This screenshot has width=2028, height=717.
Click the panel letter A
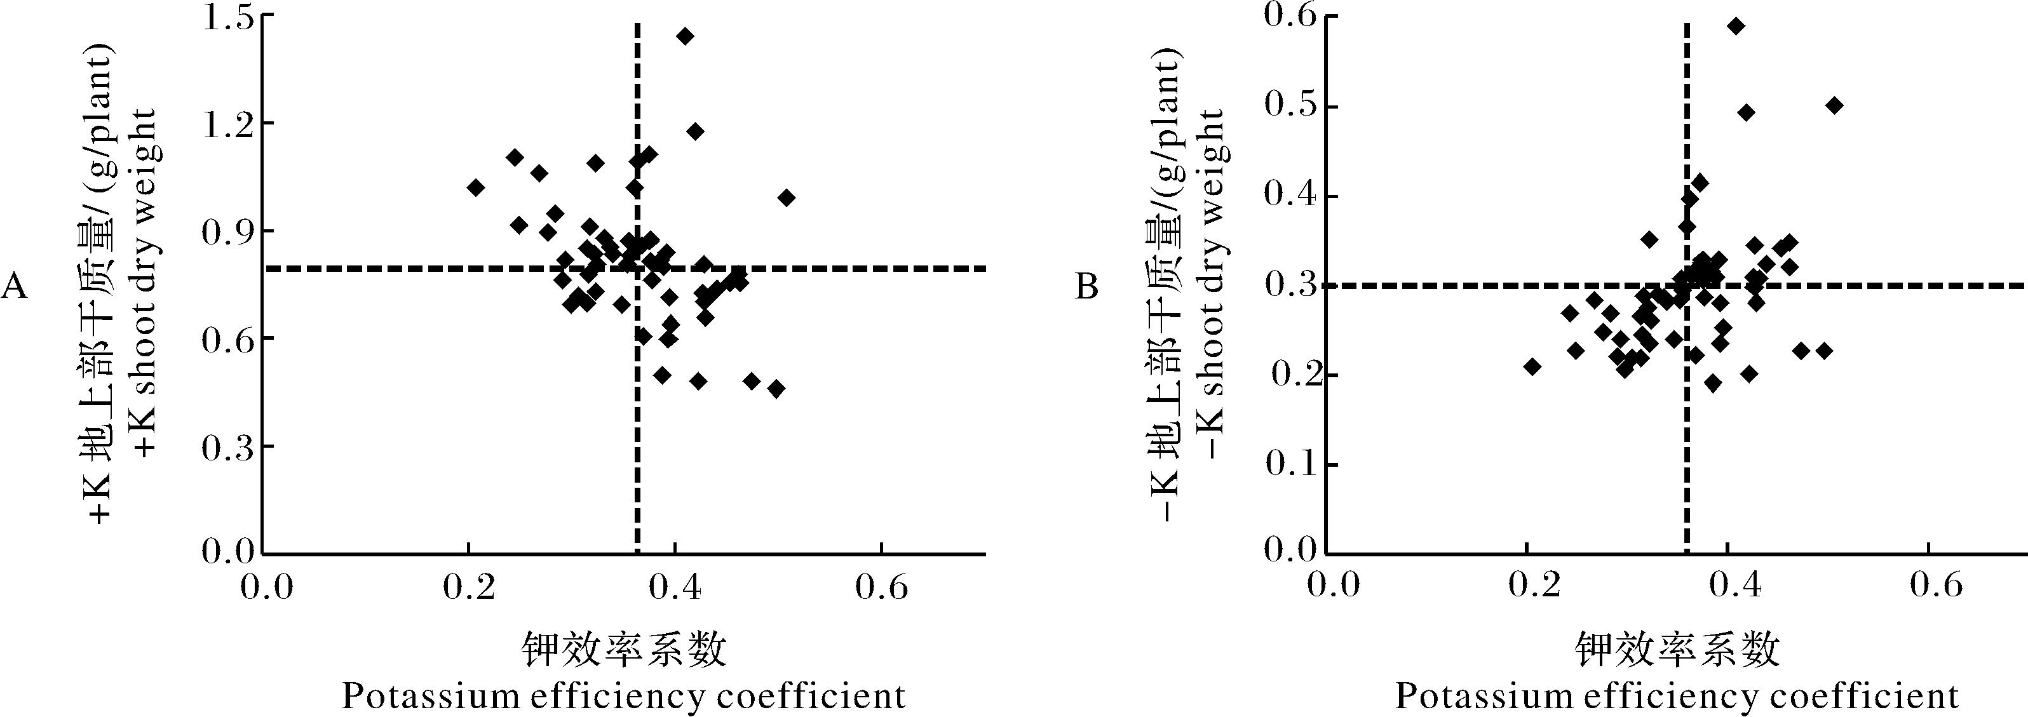(14, 288)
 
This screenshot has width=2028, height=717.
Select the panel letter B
(1086, 288)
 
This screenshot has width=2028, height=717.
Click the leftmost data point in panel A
(475, 187)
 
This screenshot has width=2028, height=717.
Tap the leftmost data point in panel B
(1532, 366)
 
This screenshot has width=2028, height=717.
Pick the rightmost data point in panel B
(1834, 105)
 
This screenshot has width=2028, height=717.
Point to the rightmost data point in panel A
(787, 198)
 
